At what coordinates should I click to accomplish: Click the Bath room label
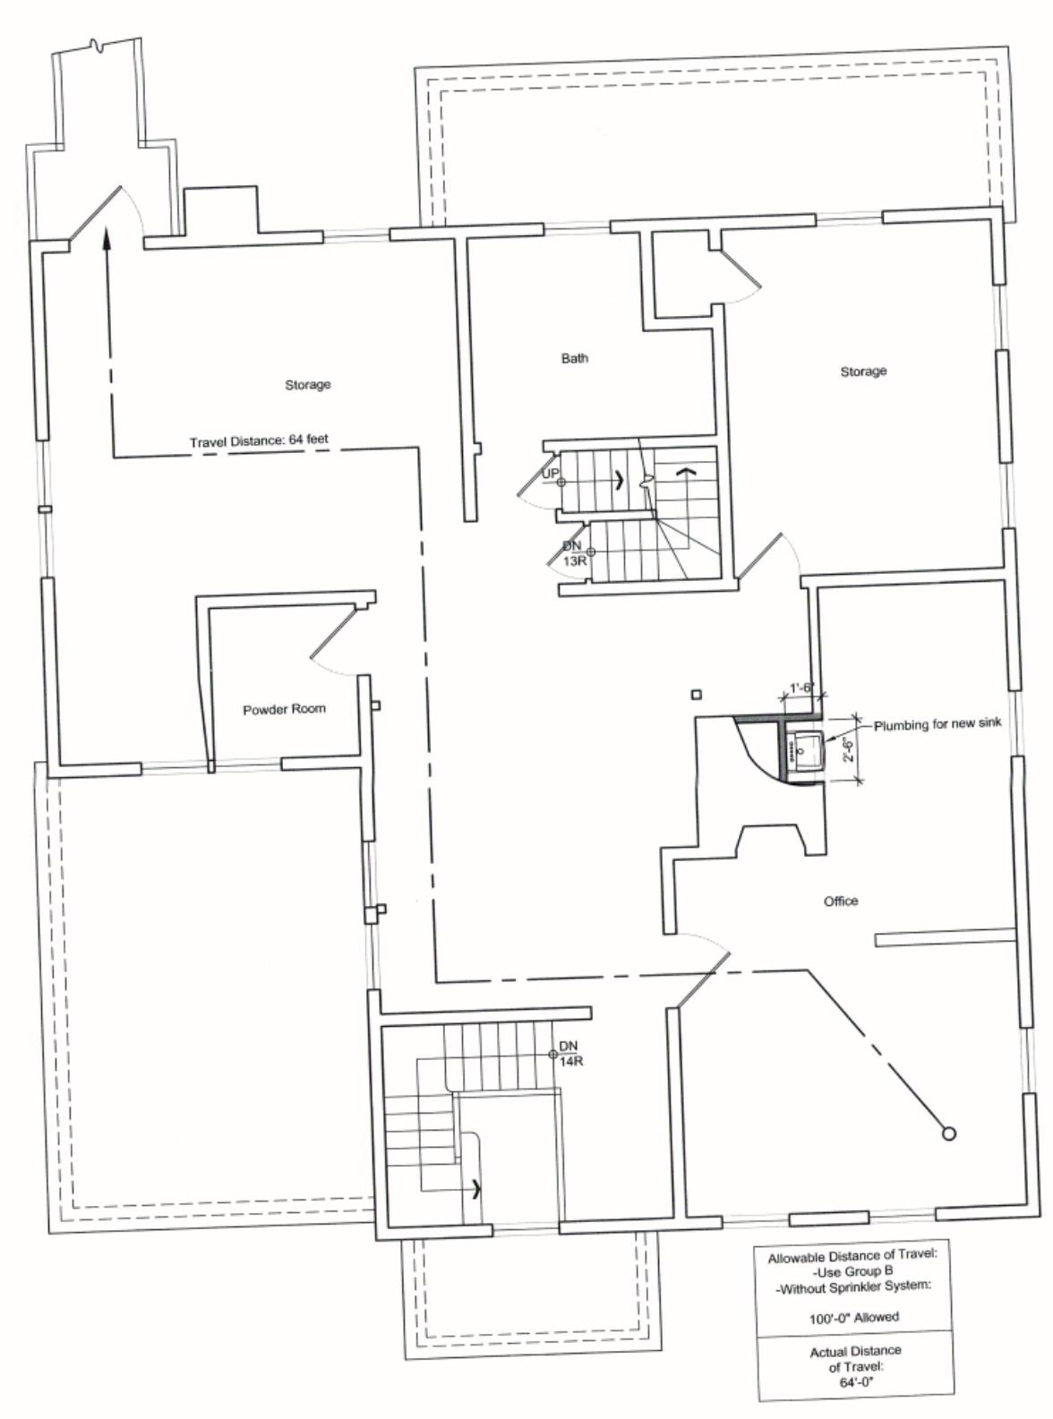point(574,358)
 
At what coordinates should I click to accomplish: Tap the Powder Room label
point(284,709)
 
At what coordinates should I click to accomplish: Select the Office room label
point(841,901)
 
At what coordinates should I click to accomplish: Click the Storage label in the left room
point(308,384)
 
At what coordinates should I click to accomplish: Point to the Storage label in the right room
point(863,371)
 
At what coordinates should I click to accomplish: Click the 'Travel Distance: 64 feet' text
point(259,440)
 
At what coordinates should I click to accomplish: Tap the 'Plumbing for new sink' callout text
point(937,724)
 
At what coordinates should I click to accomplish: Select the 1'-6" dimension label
point(800,688)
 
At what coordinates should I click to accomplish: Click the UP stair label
point(551,474)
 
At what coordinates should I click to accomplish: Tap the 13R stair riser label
point(574,561)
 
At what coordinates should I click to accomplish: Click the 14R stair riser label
point(570,1062)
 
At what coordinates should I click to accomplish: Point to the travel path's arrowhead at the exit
point(107,236)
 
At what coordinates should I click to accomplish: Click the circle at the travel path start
point(949,1133)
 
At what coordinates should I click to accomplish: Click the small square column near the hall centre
point(698,695)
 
